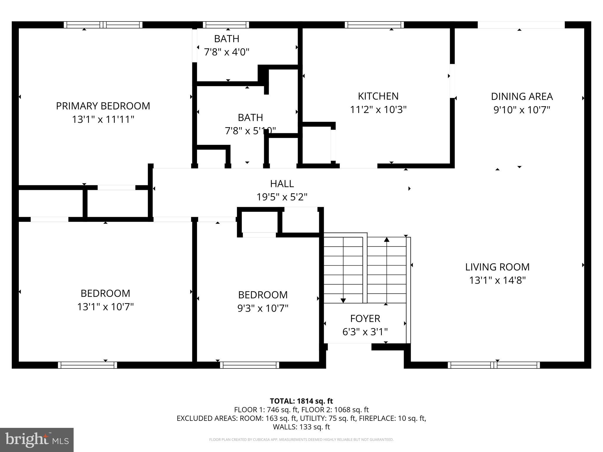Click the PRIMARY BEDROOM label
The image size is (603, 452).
tap(103, 106)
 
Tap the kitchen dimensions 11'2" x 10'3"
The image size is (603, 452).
tap(378, 110)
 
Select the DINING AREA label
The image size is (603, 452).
tap(522, 97)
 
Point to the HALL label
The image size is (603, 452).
tap(282, 184)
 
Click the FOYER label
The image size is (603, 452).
tap(365, 318)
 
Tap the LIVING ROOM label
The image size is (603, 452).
tap(497, 267)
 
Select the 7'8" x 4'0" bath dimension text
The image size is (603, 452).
tap(226, 52)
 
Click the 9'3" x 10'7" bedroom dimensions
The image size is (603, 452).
tap(263, 308)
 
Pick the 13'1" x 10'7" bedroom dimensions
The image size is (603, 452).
tap(105, 307)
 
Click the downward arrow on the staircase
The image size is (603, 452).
tap(343, 300)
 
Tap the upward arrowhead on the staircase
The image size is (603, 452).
tap(387, 240)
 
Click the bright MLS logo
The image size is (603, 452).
tap(37, 440)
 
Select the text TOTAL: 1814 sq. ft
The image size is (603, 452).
tap(301, 401)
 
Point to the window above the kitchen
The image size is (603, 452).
tap(374, 25)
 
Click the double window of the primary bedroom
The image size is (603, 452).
tap(103, 25)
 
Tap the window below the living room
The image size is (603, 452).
tap(494, 365)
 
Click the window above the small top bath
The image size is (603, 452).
tap(226, 25)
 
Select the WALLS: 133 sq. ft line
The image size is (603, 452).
tap(301, 427)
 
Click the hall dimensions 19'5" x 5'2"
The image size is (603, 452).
tap(282, 197)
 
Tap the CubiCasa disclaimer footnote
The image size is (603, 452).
tap(301, 440)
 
